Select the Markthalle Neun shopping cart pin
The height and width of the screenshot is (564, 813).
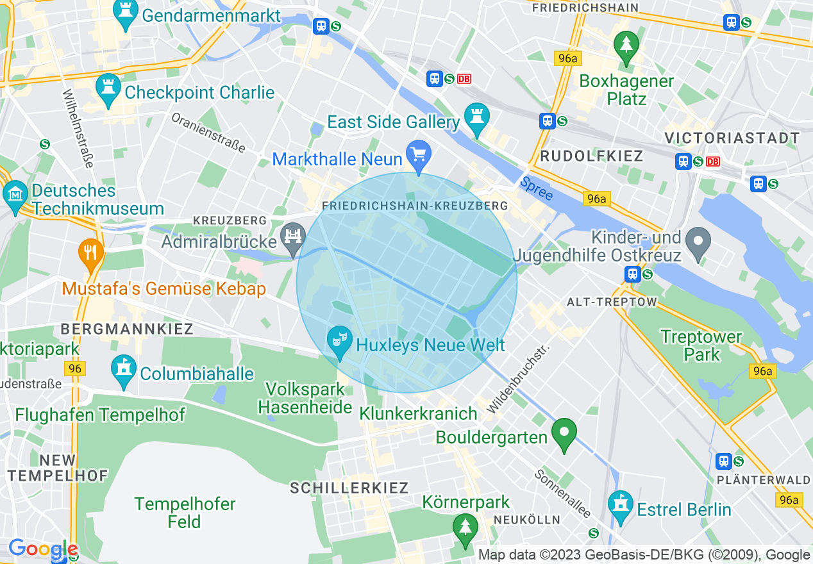point(419,155)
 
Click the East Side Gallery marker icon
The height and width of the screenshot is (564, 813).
point(476,119)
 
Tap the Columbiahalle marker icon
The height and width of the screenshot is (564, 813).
point(124,370)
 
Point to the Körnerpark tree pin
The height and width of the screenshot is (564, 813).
point(465,528)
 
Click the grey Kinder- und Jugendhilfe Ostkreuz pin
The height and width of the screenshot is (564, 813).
point(698,243)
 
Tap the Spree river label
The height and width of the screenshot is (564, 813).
point(536,190)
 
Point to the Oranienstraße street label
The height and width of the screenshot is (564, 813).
point(208,133)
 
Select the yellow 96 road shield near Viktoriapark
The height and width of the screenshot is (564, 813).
point(75,369)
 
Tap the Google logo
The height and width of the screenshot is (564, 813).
point(43,549)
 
